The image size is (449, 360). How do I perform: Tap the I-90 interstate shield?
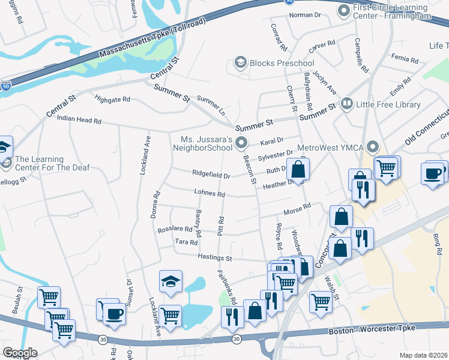5,86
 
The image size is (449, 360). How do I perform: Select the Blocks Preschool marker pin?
241,63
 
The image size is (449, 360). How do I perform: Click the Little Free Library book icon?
346,104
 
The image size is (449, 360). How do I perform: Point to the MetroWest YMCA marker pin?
373,146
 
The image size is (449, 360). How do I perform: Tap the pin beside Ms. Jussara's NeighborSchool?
241,142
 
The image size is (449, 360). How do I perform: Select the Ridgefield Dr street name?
211,175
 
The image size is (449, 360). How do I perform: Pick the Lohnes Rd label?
209,194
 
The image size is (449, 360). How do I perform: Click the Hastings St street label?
215,257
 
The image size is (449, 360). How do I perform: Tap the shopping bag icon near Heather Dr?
298,170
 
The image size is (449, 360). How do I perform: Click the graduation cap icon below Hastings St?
170,280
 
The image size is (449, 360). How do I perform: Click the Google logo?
19,352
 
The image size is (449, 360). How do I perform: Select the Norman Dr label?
306,15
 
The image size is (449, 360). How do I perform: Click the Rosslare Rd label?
175,229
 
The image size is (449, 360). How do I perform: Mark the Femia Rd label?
404,59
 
